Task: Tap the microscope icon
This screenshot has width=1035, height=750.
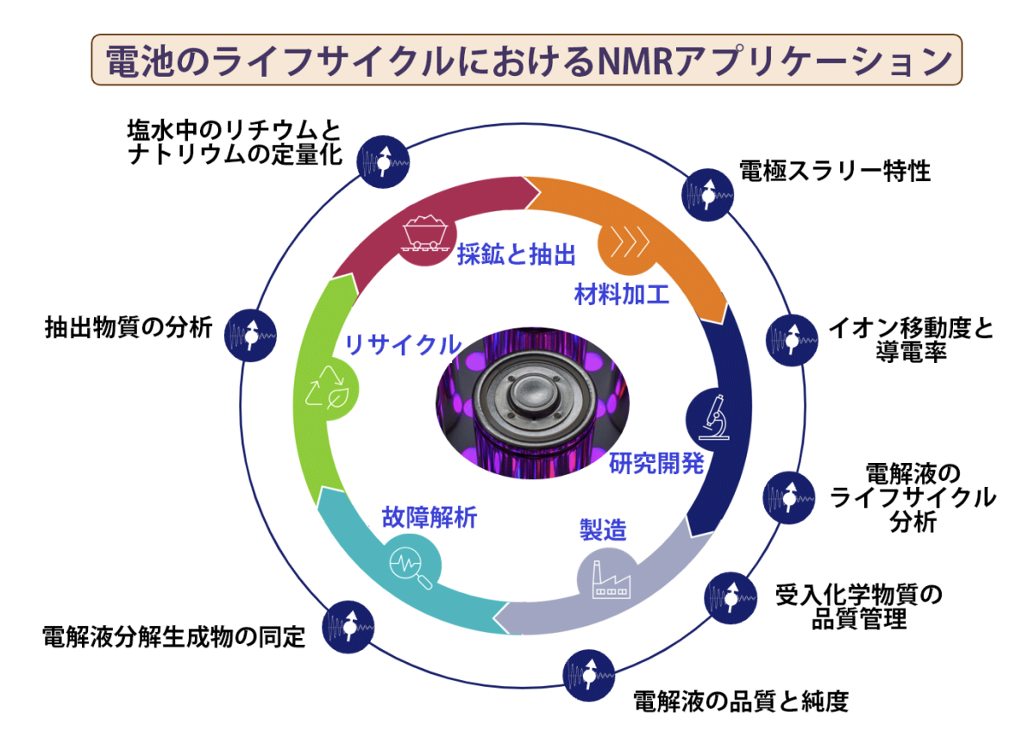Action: [x=710, y=416]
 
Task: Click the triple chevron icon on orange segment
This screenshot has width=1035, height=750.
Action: [x=629, y=244]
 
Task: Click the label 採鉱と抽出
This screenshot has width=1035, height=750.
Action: [x=516, y=255]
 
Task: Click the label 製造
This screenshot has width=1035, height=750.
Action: [x=602, y=529]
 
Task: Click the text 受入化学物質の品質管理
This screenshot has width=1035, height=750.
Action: [x=859, y=606]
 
